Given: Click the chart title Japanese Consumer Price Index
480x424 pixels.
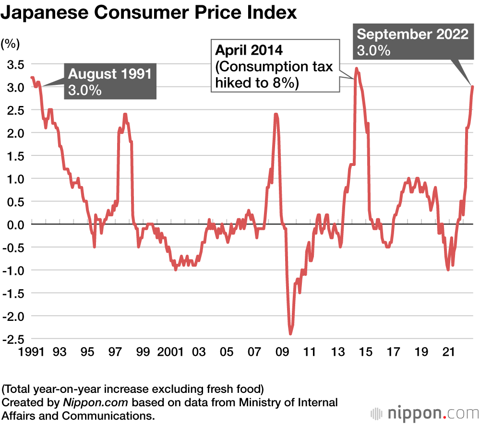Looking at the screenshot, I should (149, 13).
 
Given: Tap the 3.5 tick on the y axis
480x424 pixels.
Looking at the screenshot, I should (14, 64).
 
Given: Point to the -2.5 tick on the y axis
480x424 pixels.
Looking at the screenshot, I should (13, 339).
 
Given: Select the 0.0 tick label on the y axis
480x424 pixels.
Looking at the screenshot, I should (14, 224).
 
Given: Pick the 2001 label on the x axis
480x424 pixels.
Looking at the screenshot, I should (170, 353).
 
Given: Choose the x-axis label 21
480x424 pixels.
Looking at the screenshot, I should (449, 353).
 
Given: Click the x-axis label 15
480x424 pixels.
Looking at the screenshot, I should (366, 353).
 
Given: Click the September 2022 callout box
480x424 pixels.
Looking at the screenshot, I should (413, 42).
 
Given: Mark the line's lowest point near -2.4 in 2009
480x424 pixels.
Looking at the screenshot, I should (291, 334).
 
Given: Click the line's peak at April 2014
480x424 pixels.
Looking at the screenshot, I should (356, 69).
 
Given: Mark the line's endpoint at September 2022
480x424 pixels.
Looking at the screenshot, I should (473, 87).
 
